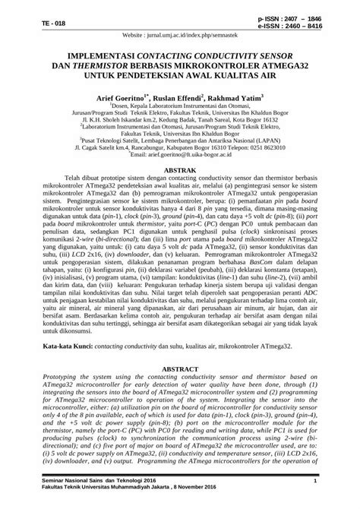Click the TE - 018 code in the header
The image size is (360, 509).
point(33,24)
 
